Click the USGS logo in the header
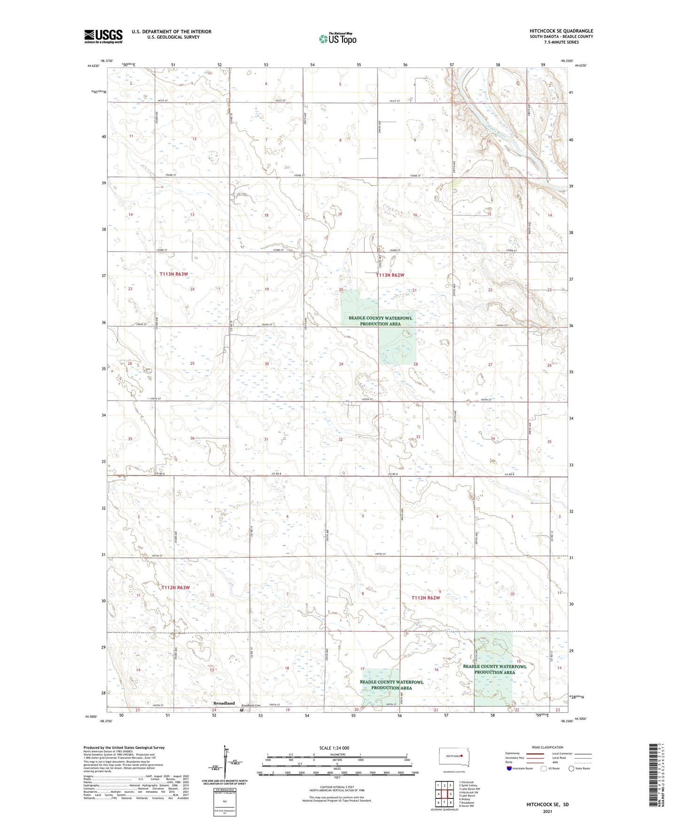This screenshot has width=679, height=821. (x=103, y=36)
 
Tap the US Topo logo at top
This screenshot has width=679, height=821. (x=337, y=39)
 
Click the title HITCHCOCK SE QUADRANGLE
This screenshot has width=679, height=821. (x=561, y=31)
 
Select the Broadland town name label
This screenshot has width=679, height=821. (x=224, y=703)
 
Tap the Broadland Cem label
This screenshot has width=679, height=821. (x=251, y=705)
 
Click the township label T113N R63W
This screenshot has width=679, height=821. (x=173, y=274)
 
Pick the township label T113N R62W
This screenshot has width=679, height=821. (x=390, y=275)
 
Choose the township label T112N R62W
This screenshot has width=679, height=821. (x=426, y=598)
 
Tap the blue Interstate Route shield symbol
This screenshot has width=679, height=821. (x=509, y=768)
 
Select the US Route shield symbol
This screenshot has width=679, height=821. (x=544, y=768)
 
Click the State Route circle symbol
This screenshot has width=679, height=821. (x=571, y=768)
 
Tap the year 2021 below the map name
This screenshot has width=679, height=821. (x=547, y=812)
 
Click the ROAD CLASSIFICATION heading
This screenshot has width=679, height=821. (x=547, y=747)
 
